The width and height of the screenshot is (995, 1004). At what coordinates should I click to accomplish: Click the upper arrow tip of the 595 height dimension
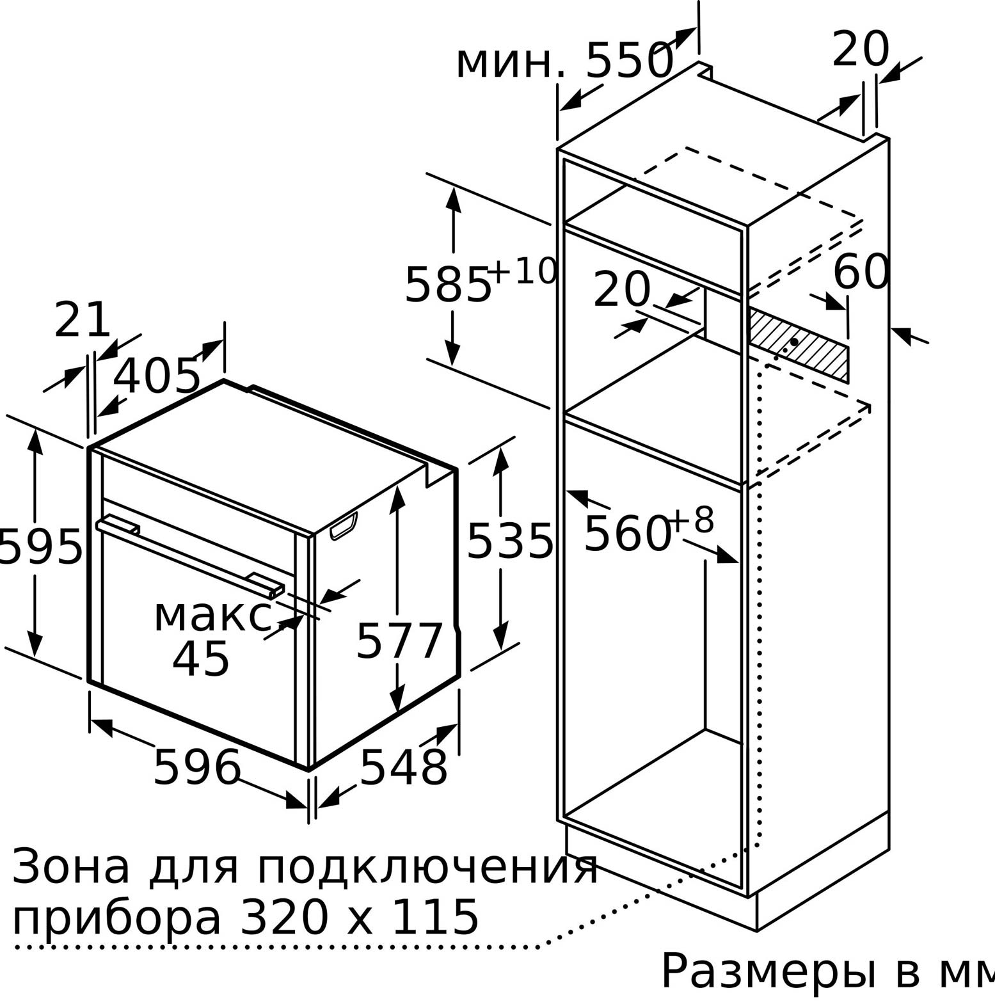(x=35, y=429)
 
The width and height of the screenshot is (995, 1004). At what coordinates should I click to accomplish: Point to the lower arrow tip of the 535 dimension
(x=500, y=651)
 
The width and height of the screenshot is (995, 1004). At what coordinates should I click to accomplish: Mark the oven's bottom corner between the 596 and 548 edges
(x=310, y=770)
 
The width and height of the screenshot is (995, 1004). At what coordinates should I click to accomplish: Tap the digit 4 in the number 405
(x=125, y=376)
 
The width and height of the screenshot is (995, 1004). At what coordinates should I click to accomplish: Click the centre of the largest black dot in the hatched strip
(x=794, y=342)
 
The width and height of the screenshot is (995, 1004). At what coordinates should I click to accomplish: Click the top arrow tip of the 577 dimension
(x=397, y=486)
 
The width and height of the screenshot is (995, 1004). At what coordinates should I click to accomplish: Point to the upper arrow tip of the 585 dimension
(x=453, y=187)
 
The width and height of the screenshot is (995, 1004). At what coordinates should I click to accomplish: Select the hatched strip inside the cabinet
(x=799, y=344)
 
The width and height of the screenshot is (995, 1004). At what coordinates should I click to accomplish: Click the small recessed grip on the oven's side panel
(x=344, y=526)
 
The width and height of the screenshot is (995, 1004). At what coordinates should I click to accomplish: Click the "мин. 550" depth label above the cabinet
(x=564, y=61)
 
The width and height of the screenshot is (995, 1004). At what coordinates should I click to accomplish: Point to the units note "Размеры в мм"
(x=827, y=971)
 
